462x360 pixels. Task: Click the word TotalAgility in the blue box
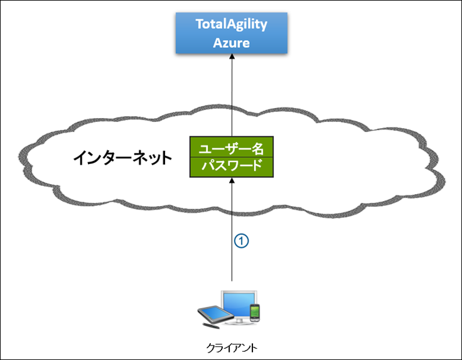point(232,25)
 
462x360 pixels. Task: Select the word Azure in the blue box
point(232,43)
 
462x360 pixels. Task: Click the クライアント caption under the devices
point(232,347)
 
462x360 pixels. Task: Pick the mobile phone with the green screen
point(255,312)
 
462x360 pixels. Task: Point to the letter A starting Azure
point(217,43)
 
